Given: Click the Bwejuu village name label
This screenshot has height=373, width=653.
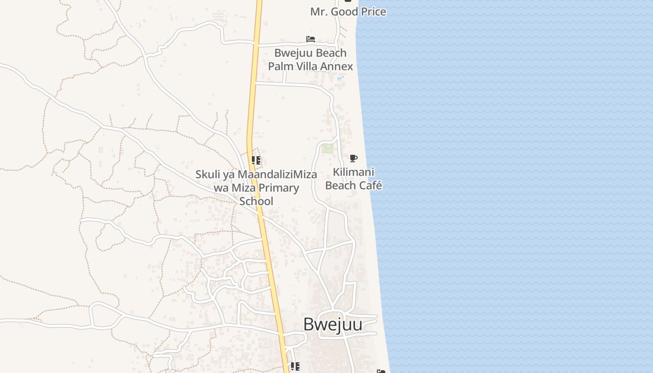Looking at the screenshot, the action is (x=333, y=325).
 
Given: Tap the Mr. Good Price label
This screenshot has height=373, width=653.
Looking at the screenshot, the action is (x=348, y=12).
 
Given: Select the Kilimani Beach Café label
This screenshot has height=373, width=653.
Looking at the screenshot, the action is (x=354, y=179).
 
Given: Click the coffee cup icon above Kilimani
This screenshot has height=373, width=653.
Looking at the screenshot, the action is (x=354, y=159).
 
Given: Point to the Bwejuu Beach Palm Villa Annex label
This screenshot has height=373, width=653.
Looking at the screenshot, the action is (x=310, y=60).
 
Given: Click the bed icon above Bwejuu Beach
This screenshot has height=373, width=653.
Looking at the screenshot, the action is (x=311, y=39).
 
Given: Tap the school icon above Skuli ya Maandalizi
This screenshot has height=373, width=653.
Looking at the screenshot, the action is (x=256, y=161).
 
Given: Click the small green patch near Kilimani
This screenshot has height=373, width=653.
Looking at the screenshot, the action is (x=327, y=149).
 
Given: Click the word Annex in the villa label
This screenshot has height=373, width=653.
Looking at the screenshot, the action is (x=336, y=66).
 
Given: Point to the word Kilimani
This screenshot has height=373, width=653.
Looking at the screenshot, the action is (x=354, y=173).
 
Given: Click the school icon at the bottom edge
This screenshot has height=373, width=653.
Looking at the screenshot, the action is (x=295, y=367).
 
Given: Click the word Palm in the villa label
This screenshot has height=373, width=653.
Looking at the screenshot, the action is (x=281, y=66).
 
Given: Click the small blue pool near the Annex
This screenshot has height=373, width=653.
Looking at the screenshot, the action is (x=340, y=78).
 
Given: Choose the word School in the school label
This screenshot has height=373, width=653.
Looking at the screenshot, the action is (x=256, y=201).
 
